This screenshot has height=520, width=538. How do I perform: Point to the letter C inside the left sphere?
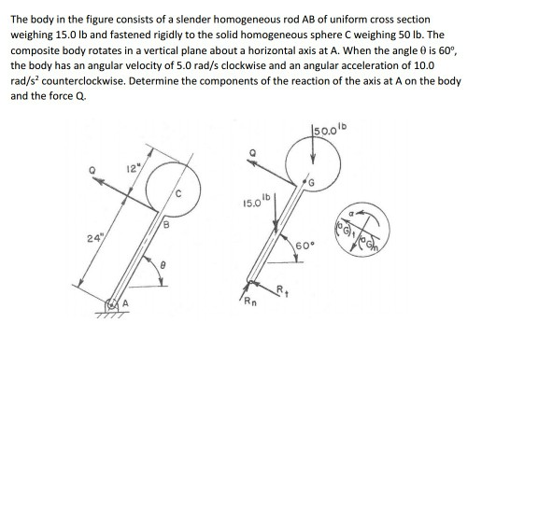(x=176, y=195)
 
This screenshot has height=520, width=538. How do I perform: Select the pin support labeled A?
(x=113, y=303)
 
